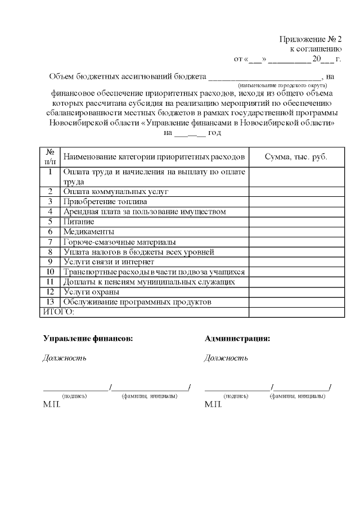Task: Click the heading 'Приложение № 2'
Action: coord(310,39)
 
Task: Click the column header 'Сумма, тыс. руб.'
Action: coord(296,156)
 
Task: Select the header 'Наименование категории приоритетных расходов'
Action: coord(154,156)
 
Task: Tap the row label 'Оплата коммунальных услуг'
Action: coord(116,191)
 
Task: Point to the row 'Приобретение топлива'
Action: coord(105,201)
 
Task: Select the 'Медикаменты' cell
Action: coord(88,232)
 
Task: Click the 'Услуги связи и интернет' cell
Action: coord(110,262)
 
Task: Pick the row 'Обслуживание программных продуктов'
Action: coord(137,303)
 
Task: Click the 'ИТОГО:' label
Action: coord(59,312)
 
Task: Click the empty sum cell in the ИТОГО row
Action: coord(296,312)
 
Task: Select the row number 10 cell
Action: coord(50,272)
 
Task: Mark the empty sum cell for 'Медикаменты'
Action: coord(296,232)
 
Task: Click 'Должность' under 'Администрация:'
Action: coord(226,358)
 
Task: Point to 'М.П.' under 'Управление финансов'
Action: coord(51,404)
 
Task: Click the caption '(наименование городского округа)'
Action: coord(278,84)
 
